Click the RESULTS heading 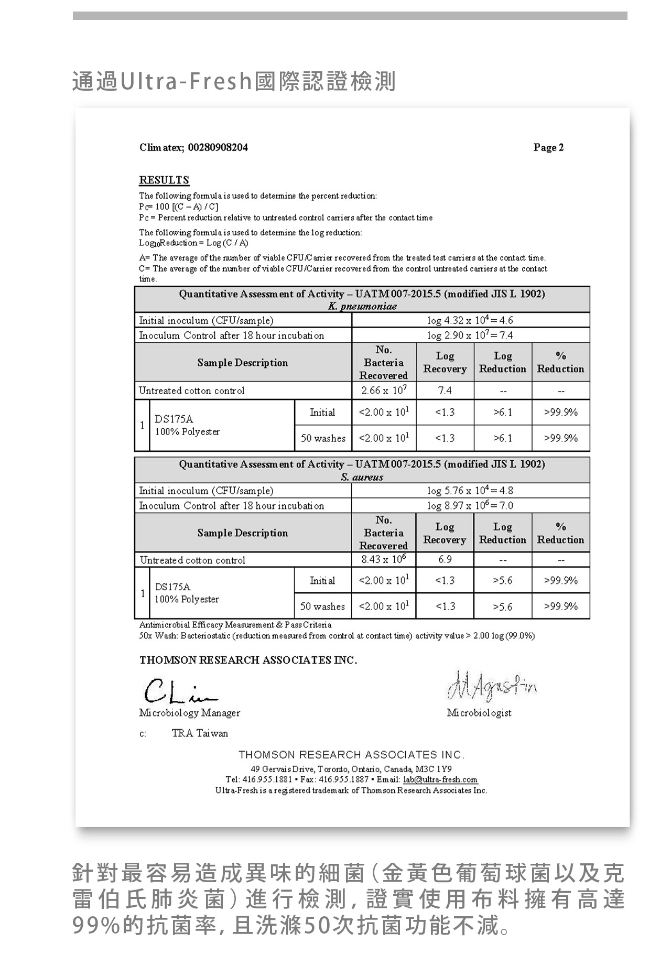[164, 180]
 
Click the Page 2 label [548, 147]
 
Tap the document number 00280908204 [218, 147]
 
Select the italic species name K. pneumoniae [362, 306]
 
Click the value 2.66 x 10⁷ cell [384, 391]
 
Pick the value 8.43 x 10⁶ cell [384, 560]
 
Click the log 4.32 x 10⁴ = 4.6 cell [470, 320]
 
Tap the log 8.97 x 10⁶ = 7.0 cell [470, 505]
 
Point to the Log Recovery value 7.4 [445, 391]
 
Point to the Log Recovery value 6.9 [445, 560]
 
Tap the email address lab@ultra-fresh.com [440, 779]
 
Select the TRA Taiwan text [200, 733]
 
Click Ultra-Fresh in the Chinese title [187, 82]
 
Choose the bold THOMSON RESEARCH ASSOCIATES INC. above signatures [248, 660]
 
